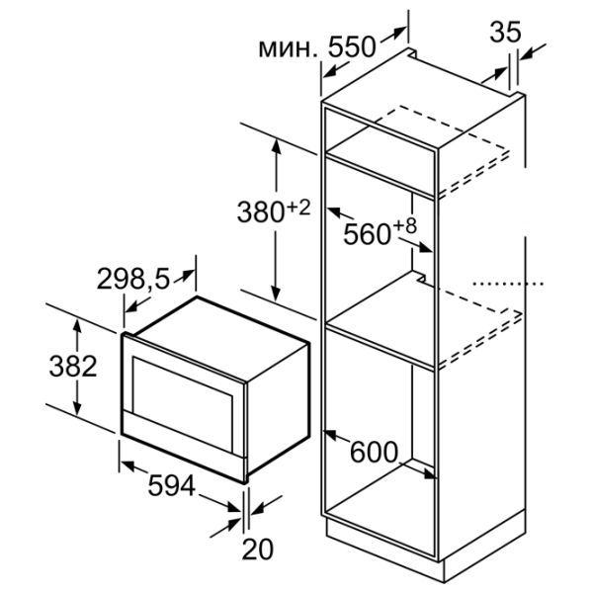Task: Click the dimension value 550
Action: (x=352, y=47)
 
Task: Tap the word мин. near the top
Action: (x=288, y=49)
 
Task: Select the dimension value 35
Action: (x=505, y=32)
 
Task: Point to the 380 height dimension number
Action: (x=260, y=212)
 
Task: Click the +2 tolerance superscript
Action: (x=298, y=208)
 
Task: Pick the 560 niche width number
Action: (x=367, y=233)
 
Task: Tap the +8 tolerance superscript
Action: (x=404, y=226)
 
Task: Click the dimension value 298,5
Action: (x=133, y=279)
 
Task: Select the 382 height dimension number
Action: (x=73, y=366)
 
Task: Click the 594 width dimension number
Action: (x=172, y=485)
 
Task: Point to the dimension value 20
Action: (x=257, y=549)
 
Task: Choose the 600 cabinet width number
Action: (x=374, y=452)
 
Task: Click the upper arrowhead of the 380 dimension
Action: (x=277, y=146)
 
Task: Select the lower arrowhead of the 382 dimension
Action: (x=77, y=408)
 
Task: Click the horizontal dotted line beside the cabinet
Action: (x=508, y=284)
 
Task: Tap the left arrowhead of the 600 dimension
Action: (x=331, y=435)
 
